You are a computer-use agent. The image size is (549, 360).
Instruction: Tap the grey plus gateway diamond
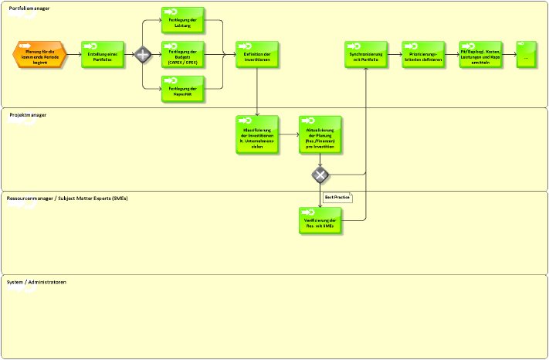[x=143, y=55]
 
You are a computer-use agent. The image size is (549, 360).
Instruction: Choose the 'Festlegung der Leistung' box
[x=183, y=19]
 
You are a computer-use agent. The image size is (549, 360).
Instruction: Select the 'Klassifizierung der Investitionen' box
[x=257, y=134]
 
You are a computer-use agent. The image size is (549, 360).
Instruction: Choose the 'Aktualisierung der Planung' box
[x=320, y=134]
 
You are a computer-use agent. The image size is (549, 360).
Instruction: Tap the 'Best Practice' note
[x=337, y=198]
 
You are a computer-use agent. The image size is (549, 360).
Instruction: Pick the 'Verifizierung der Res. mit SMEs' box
[x=320, y=221]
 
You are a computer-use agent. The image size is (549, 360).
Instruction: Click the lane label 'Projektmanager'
[x=28, y=114]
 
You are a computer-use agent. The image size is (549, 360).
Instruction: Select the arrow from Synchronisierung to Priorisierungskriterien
[x=395, y=55]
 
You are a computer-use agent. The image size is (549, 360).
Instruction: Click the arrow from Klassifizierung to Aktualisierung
[x=289, y=134]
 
